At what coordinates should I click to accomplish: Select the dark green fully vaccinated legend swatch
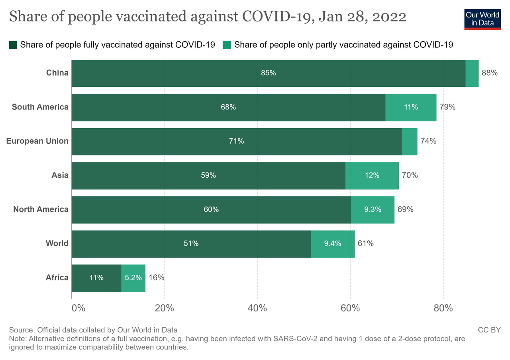click(13, 45)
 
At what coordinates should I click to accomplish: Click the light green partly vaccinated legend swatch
click(227, 45)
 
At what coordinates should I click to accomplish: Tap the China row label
click(57, 73)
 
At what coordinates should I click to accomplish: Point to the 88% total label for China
click(489, 73)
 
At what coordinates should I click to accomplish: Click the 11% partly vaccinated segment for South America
click(411, 107)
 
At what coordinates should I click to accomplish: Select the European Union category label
click(37, 141)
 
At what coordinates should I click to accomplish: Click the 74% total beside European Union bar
click(428, 141)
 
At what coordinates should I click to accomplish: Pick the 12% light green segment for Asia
click(372, 175)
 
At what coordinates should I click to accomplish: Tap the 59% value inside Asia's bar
click(208, 175)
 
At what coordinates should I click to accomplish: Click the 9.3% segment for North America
click(373, 209)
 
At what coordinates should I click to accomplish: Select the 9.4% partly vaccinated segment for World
click(332, 243)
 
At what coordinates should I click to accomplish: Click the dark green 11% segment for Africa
click(96, 278)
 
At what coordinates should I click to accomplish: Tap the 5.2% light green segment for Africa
click(133, 278)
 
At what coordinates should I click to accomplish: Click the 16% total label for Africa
click(156, 278)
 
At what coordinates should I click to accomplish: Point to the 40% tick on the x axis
click(257, 308)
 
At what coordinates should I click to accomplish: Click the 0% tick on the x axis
click(78, 308)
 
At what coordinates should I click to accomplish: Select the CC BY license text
click(489, 330)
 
